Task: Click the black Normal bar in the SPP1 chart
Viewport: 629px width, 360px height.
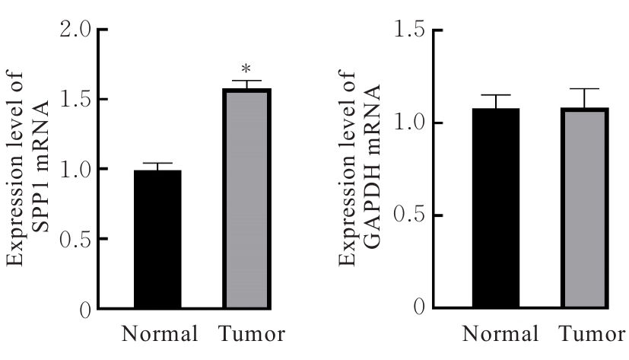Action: [158, 239]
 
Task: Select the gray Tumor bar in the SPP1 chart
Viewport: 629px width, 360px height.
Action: [247, 199]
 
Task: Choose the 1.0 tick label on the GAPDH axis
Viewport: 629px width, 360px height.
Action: [411, 123]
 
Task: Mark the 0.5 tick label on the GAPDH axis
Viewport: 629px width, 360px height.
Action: [411, 215]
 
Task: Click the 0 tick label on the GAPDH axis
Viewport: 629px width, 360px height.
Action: [420, 308]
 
